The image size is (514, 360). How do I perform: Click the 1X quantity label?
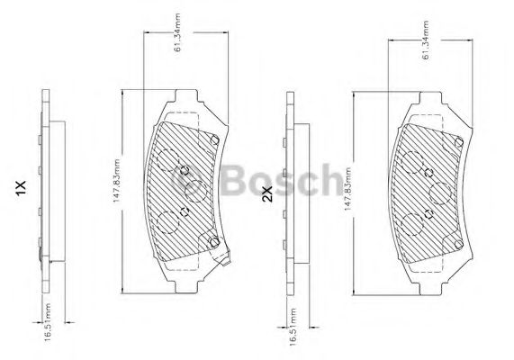click(21, 188)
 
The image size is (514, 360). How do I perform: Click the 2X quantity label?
click(266, 193)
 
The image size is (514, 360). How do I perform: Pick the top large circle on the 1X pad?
click(166, 159)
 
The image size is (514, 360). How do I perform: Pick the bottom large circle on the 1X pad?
click(167, 222)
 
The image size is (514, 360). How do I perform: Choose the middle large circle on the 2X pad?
click(440, 192)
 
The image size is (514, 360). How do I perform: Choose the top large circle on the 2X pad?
click(413, 164)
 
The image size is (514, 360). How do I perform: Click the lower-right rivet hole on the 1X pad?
click(213, 241)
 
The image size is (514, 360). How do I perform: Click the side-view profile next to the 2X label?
click(289, 193)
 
